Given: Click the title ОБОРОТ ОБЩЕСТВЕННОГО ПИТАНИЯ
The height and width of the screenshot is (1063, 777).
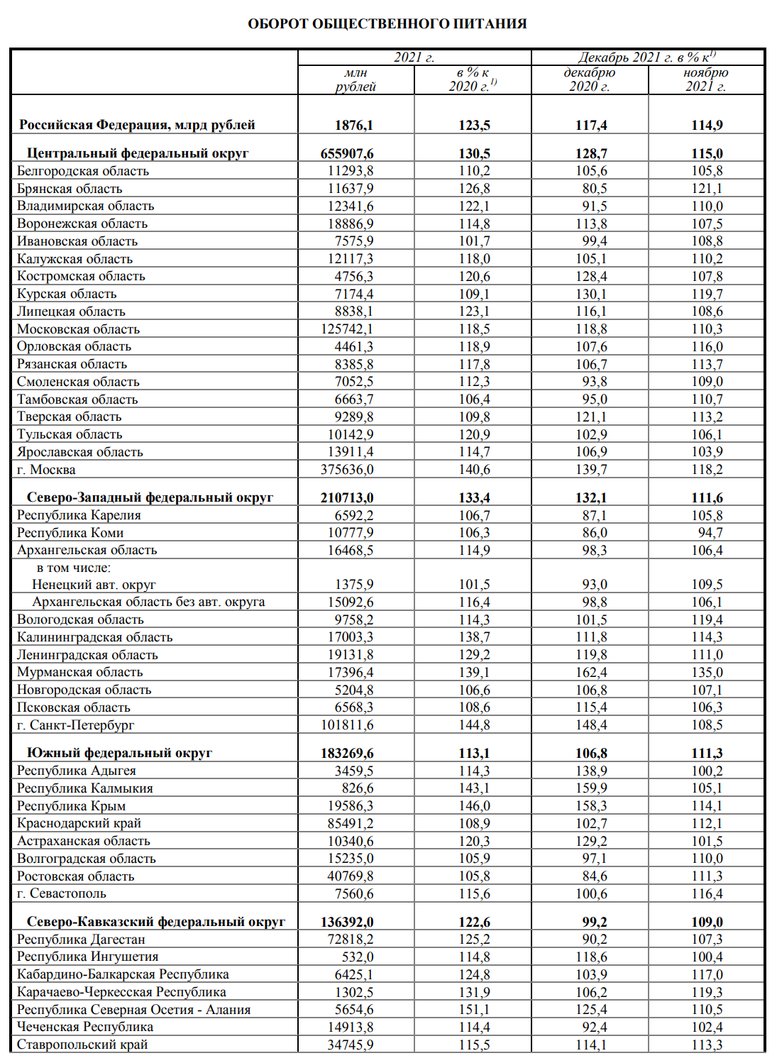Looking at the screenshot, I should [x=387, y=23].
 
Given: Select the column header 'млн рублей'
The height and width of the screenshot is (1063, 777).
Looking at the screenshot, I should [x=356, y=79].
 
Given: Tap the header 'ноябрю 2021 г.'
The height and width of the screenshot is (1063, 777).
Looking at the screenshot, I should [x=706, y=79].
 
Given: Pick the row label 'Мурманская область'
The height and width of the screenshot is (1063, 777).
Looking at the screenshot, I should [x=79, y=672].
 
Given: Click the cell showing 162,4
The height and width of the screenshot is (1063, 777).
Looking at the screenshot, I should [x=591, y=672].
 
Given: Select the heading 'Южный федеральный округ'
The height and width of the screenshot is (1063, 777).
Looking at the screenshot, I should [x=119, y=753].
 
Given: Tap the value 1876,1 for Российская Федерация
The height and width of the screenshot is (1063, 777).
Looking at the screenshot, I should [x=354, y=126].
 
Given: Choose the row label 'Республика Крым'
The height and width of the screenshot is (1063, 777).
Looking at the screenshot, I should [x=71, y=806].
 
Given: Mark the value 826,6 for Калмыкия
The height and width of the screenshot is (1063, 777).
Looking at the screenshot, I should [x=358, y=788].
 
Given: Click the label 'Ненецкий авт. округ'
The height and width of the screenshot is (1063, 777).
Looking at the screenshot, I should [x=94, y=585].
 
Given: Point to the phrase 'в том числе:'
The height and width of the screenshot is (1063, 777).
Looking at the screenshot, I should [x=74, y=568].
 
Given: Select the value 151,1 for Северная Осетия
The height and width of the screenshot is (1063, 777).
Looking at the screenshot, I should [x=474, y=1010].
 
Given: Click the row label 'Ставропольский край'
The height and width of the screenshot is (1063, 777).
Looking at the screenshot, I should [x=82, y=1045].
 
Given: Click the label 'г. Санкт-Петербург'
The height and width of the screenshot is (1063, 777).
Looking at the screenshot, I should [x=75, y=725].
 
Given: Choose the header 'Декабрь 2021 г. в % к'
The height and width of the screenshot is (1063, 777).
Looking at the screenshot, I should [x=646, y=57].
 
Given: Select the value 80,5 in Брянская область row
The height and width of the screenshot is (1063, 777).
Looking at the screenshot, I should [x=595, y=189].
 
